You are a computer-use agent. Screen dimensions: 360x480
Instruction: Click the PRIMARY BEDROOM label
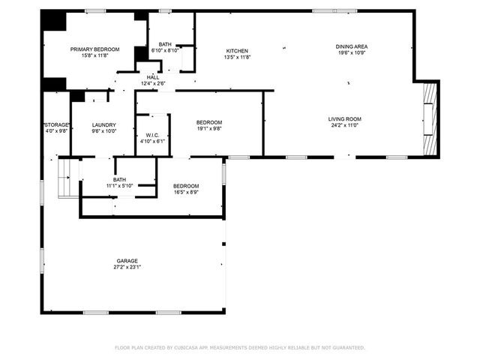click(95, 49)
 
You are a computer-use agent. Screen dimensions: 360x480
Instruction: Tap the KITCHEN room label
click(237, 51)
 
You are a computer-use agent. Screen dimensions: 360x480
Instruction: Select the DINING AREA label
click(351, 46)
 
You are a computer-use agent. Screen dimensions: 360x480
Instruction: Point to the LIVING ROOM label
click(344, 119)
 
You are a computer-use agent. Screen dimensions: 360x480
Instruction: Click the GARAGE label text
click(127, 260)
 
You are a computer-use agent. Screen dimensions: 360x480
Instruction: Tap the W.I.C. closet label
click(152, 136)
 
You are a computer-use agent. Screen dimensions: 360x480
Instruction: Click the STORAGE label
click(56, 124)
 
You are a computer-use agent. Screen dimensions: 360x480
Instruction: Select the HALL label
click(152, 77)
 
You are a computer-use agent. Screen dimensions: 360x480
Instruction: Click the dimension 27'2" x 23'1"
click(127, 267)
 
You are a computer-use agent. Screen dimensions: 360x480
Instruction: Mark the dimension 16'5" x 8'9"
click(186, 193)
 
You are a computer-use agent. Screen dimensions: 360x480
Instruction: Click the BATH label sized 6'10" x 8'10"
click(164, 44)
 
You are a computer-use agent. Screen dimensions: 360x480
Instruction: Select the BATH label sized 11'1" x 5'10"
click(119, 179)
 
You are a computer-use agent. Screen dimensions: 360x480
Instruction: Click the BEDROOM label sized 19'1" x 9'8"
click(209, 122)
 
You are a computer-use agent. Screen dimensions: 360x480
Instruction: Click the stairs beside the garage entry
click(67, 177)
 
